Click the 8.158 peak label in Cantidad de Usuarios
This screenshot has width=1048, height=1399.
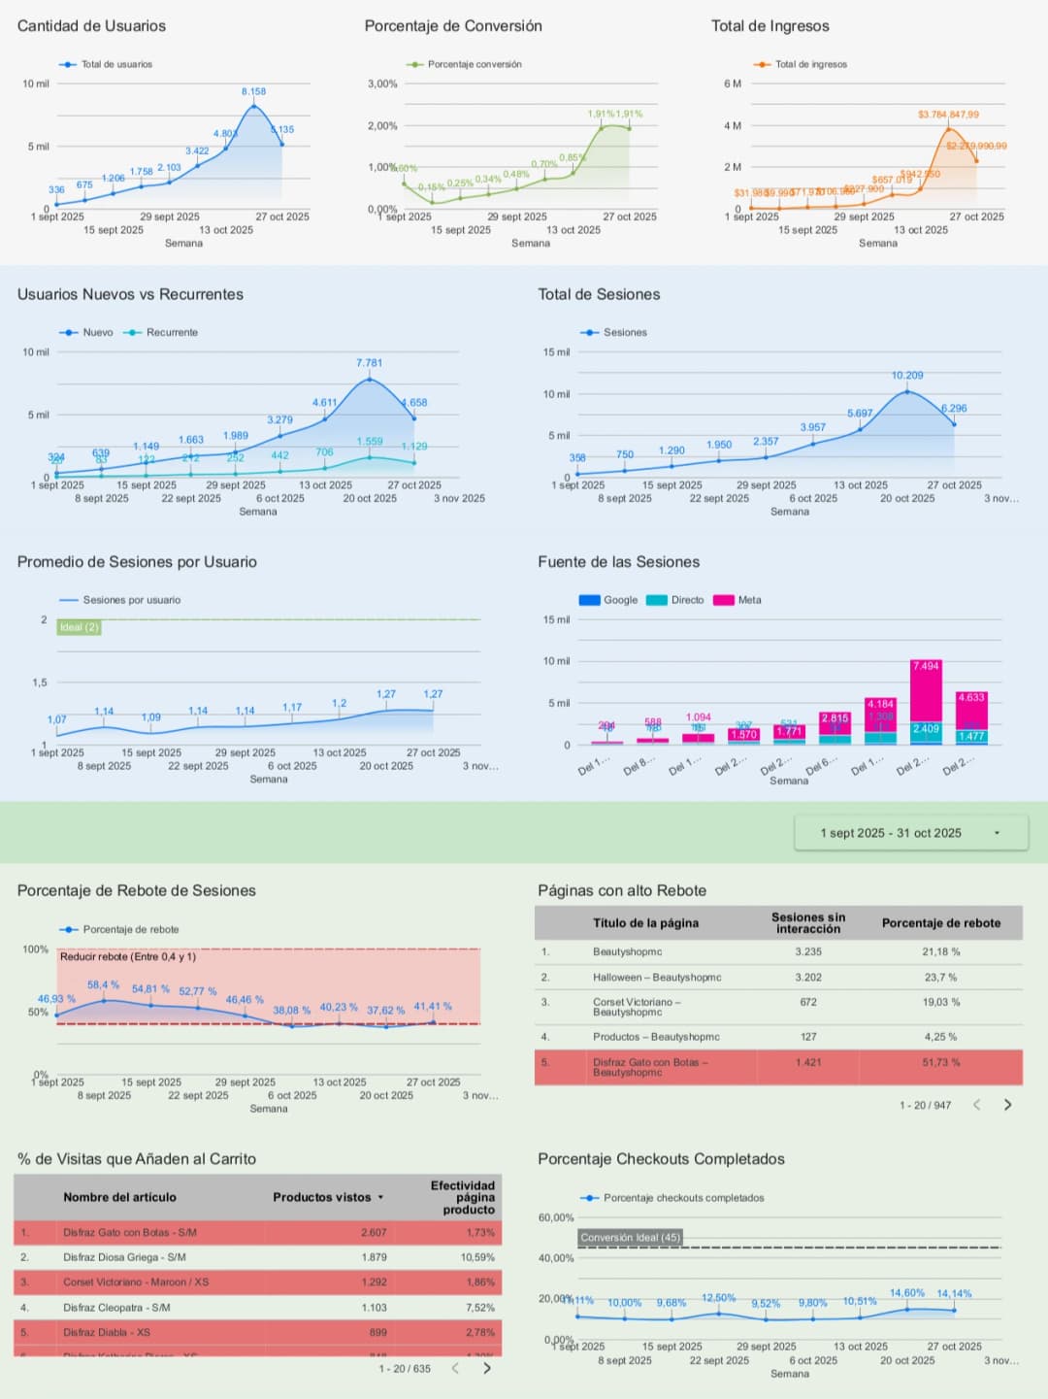pos(253,91)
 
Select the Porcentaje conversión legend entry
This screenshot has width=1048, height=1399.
pos(474,64)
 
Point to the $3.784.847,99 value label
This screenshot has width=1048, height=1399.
pos(948,115)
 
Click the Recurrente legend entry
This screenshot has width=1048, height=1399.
pos(171,332)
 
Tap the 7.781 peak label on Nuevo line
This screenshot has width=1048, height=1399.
pos(369,363)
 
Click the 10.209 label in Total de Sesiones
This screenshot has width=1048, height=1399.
pos(907,375)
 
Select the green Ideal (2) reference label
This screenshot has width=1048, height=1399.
pos(79,627)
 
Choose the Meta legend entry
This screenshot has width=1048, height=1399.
pos(749,600)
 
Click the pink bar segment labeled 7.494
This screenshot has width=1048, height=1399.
pos(926,691)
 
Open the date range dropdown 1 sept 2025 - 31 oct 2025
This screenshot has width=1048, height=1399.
pos(910,833)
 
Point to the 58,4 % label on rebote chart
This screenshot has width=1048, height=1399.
pos(103,984)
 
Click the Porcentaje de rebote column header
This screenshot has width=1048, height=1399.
pos(940,923)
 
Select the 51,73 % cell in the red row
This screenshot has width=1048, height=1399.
pos(940,1062)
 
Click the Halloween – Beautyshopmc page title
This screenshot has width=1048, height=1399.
pos(657,978)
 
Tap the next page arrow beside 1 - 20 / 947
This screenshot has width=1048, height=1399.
pos(1007,1105)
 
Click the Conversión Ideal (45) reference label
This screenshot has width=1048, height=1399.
pos(631,1237)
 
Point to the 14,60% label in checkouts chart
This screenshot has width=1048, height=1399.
pos(907,1293)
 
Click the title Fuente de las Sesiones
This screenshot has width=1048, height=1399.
pos(618,562)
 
